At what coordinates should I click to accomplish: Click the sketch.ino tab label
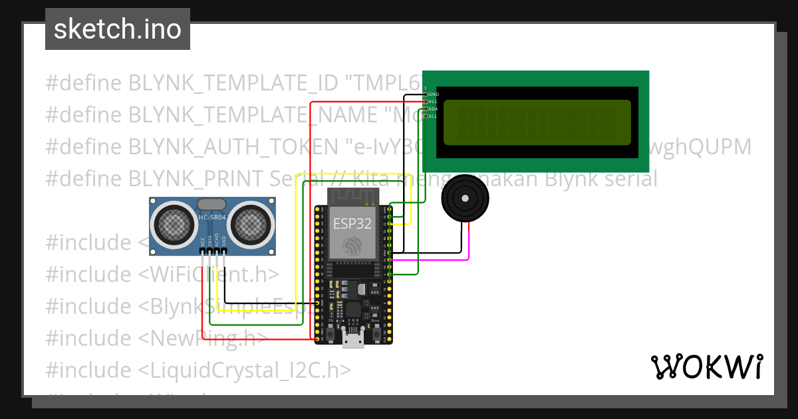pyautogui.click(x=118, y=29)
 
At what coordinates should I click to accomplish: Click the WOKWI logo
pyautogui.click(x=706, y=367)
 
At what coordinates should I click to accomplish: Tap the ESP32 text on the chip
pyautogui.click(x=352, y=223)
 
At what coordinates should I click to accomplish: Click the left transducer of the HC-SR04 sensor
pyautogui.click(x=175, y=225)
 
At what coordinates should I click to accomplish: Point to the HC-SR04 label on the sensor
pyautogui.click(x=213, y=217)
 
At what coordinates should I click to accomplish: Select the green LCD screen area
pyautogui.click(x=537, y=122)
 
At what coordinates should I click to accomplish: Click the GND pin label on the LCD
pyautogui.click(x=434, y=94)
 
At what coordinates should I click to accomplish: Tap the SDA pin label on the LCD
pyautogui.click(x=433, y=108)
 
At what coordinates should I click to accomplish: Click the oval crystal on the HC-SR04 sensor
pyautogui.click(x=212, y=204)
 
